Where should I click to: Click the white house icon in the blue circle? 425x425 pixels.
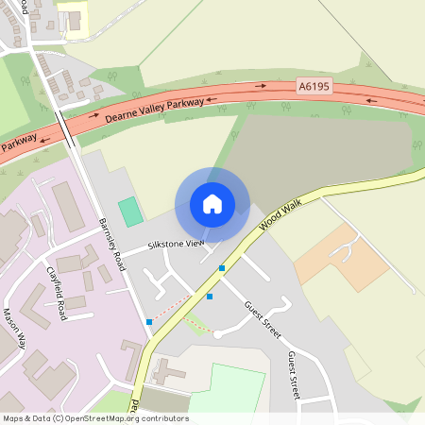pos(212,203)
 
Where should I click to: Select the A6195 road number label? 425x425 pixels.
pos(315,86)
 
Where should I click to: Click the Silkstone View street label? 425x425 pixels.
pos(176,245)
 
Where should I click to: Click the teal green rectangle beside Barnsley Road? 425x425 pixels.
pos(131,212)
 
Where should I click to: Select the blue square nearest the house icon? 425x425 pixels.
pos(222,268)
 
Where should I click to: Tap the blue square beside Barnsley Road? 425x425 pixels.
pos(149,322)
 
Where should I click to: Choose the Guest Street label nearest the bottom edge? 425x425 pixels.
pos(294,373)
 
